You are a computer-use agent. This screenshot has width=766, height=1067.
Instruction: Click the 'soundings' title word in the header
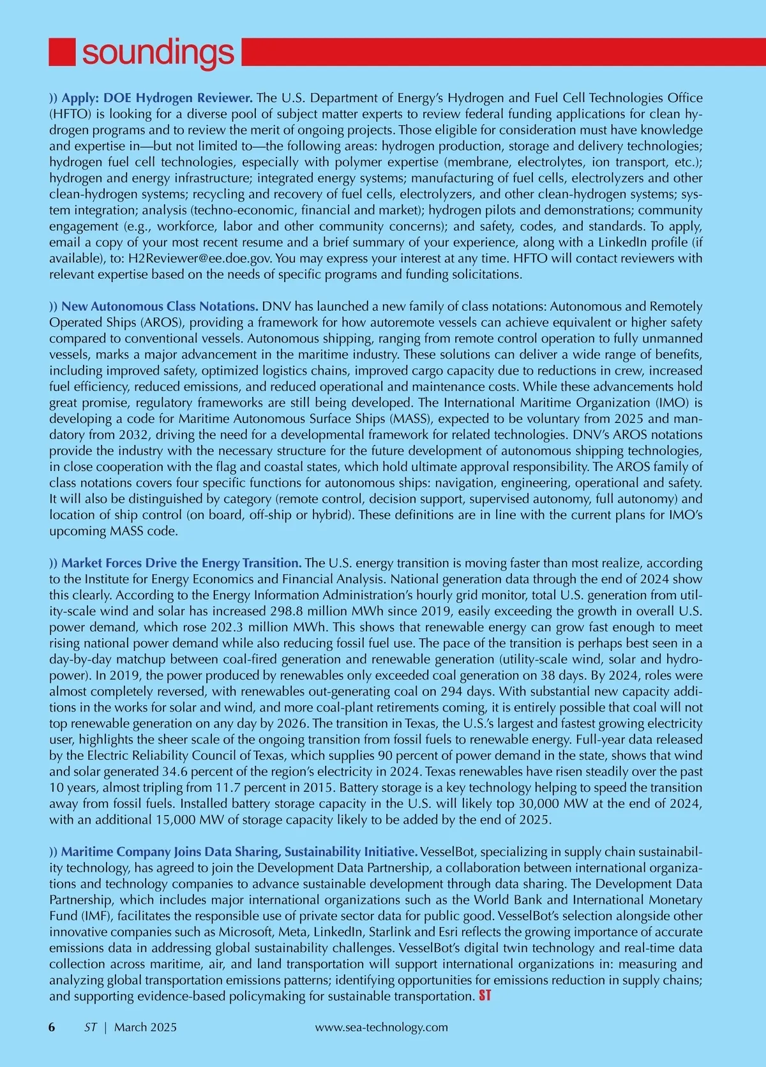(158, 52)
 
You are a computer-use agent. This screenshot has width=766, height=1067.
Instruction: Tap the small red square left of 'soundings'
(63, 52)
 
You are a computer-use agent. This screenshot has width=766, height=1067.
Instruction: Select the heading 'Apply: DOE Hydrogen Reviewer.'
(157, 98)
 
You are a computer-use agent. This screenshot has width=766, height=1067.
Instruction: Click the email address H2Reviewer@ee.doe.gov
(200, 258)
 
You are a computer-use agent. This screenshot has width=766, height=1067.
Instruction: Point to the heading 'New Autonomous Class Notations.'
(160, 306)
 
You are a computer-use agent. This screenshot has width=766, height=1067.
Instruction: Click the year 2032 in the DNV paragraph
(134, 435)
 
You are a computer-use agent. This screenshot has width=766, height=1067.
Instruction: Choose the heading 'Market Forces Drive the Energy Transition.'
(181, 563)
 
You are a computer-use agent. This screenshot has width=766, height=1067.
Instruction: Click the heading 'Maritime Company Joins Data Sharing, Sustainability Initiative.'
(239, 852)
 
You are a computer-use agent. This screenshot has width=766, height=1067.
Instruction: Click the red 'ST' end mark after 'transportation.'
(484, 996)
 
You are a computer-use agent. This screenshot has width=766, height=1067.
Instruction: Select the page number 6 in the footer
(52, 1027)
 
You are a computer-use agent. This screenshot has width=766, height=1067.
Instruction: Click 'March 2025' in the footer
(146, 1027)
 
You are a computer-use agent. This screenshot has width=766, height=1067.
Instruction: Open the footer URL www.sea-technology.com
(382, 1027)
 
